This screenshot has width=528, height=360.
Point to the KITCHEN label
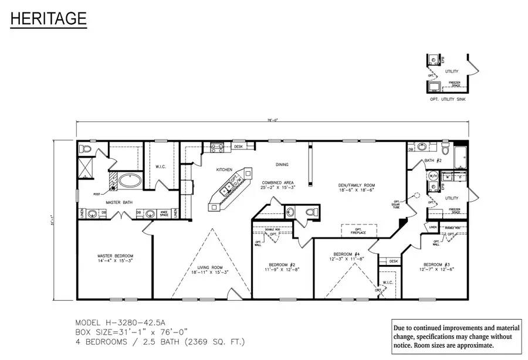click(x=224, y=169)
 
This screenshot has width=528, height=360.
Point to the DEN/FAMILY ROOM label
click(x=356, y=188)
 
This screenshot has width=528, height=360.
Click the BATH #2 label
click(x=432, y=159)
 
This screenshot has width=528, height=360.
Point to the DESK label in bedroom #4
click(x=392, y=261)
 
